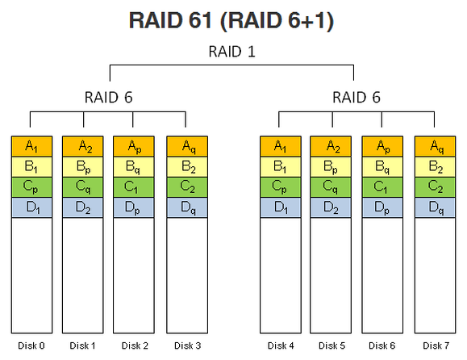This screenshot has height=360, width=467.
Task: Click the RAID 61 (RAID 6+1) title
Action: pyautogui.click(x=231, y=21)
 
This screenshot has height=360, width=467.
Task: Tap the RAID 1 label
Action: pyautogui.click(x=231, y=52)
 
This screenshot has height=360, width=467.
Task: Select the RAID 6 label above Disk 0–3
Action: pyautogui.click(x=108, y=98)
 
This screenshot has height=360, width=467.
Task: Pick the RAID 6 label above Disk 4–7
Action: pyautogui.click(x=357, y=98)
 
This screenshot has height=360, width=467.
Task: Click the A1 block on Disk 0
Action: pyautogui.click(x=32, y=146)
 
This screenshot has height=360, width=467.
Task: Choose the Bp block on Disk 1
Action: pyautogui.click(x=83, y=167)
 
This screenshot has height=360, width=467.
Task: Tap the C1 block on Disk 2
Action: pyautogui.click(x=134, y=187)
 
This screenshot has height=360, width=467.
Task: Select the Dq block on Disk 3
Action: pyautogui.click(x=187, y=207)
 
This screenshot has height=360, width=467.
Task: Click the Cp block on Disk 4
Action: pyautogui.click(x=281, y=187)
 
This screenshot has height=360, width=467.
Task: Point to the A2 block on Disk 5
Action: pyautogui.click(x=331, y=146)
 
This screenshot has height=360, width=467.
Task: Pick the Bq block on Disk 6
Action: pyautogui.click(x=382, y=167)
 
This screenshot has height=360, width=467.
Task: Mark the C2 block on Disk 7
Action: pyautogui.click(x=435, y=187)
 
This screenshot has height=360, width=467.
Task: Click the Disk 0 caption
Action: pyautogui.click(x=31, y=345)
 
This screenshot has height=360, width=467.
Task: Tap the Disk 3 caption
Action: pyautogui.click(x=188, y=345)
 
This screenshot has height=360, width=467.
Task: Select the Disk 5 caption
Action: pyautogui.click(x=331, y=345)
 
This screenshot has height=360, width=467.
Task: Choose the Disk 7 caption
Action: pyautogui.click(x=436, y=345)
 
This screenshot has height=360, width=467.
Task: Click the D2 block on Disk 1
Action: pyautogui.click(x=83, y=207)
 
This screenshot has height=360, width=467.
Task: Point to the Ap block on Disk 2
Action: pyautogui.click(x=134, y=146)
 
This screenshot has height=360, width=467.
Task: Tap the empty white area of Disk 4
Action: pyautogui.click(x=281, y=275)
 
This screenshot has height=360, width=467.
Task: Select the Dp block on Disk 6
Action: pyautogui.click(x=382, y=207)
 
